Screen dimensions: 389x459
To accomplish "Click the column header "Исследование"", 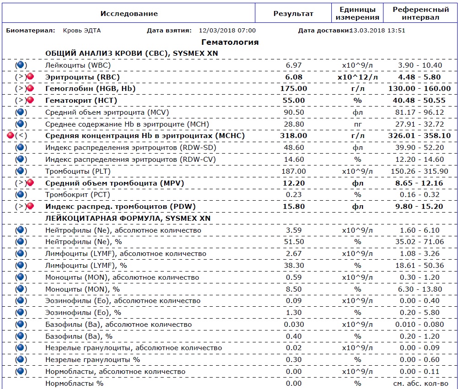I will [x=129, y=13].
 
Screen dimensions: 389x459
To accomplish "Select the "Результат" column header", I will [x=293, y=13].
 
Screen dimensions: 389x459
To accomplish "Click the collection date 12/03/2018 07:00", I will [x=227, y=31].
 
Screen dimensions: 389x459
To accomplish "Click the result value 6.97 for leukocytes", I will [x=293, y=65].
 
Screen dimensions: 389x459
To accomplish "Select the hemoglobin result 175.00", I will [x=293, y=89].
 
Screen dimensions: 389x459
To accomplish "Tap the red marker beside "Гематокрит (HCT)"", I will [x=30, y=100].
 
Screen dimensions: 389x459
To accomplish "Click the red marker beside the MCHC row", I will [x=11, y=135].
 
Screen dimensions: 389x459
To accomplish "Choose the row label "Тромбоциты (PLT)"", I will [x=78, y=171].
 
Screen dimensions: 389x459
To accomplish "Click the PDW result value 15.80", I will [x=293, y=207].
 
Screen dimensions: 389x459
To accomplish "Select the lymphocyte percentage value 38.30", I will [x=293, y=266].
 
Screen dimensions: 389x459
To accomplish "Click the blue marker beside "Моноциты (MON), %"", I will [x=21, y=289].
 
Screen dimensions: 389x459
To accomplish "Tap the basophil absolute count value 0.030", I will [x=293, y=325].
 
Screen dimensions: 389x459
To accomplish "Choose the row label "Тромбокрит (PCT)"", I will [x=77, y=195].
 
